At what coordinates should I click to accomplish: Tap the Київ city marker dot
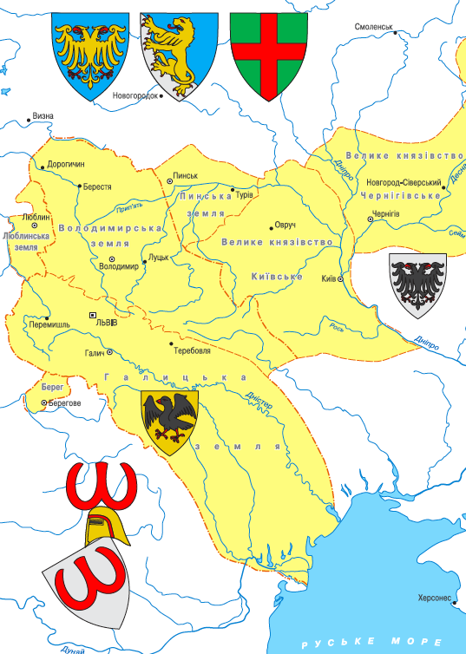coord(341,279)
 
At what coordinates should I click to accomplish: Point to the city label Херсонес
coord(434,598)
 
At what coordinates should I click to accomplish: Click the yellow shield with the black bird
coord(169,421)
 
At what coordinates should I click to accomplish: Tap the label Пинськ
coord(187,175)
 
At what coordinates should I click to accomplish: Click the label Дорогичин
coord(66,163)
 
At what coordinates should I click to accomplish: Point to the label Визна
coord(43,115)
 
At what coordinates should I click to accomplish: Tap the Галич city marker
coord(110,351)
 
